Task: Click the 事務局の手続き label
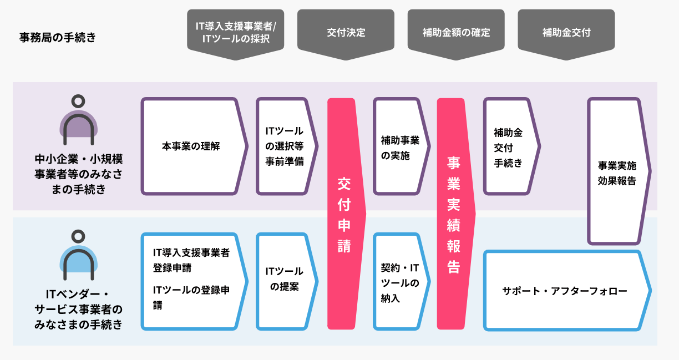pyautogui.click(x=58, y=38)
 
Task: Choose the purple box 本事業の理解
pyautogui.click(x=194, y=146)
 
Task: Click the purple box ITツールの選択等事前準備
pyautogui.click(x=287, y=146)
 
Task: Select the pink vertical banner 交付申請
pyautogui.click(x=346, y=214)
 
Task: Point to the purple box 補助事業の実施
pyautogui.click(x=401, y=146)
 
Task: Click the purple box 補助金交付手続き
pyautogui.click(x=511, y=146)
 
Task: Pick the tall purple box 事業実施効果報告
pyautogui.click(x=619, y=171)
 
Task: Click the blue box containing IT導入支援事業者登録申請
pyautogui.click(x=194, y=282)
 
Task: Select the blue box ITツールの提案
pyautogui.click(x=287, y=282)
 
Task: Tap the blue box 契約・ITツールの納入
pyautogui.click(x=401, y=282)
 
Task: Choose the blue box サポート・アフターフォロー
pyautogui.click(x=567, y=291)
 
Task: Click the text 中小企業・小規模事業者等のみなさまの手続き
pyautogui.click(x=79, y=174)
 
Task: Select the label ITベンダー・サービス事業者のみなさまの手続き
pyautogui.click(x=79, y=310)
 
